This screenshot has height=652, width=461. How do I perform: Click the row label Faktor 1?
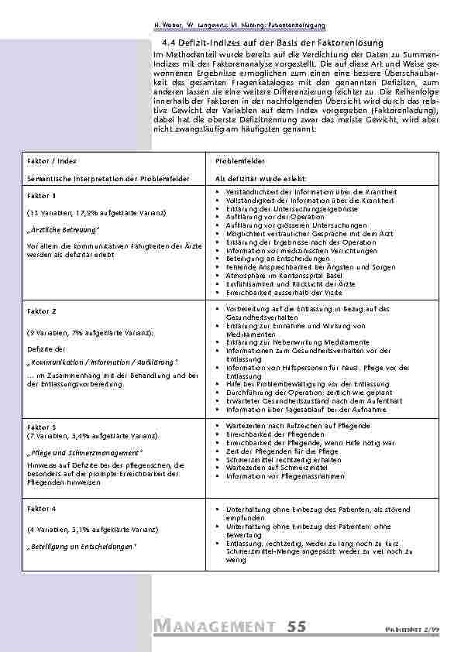pyautogui.click(x=42, y=196)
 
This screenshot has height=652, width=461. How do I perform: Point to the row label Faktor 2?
pyautogui.click(x=42, y=311)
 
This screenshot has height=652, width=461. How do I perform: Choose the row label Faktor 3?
pyautogui.click(x=42, y=426)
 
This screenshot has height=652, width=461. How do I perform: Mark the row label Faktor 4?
pyautogui.click(x=42, y=508)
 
